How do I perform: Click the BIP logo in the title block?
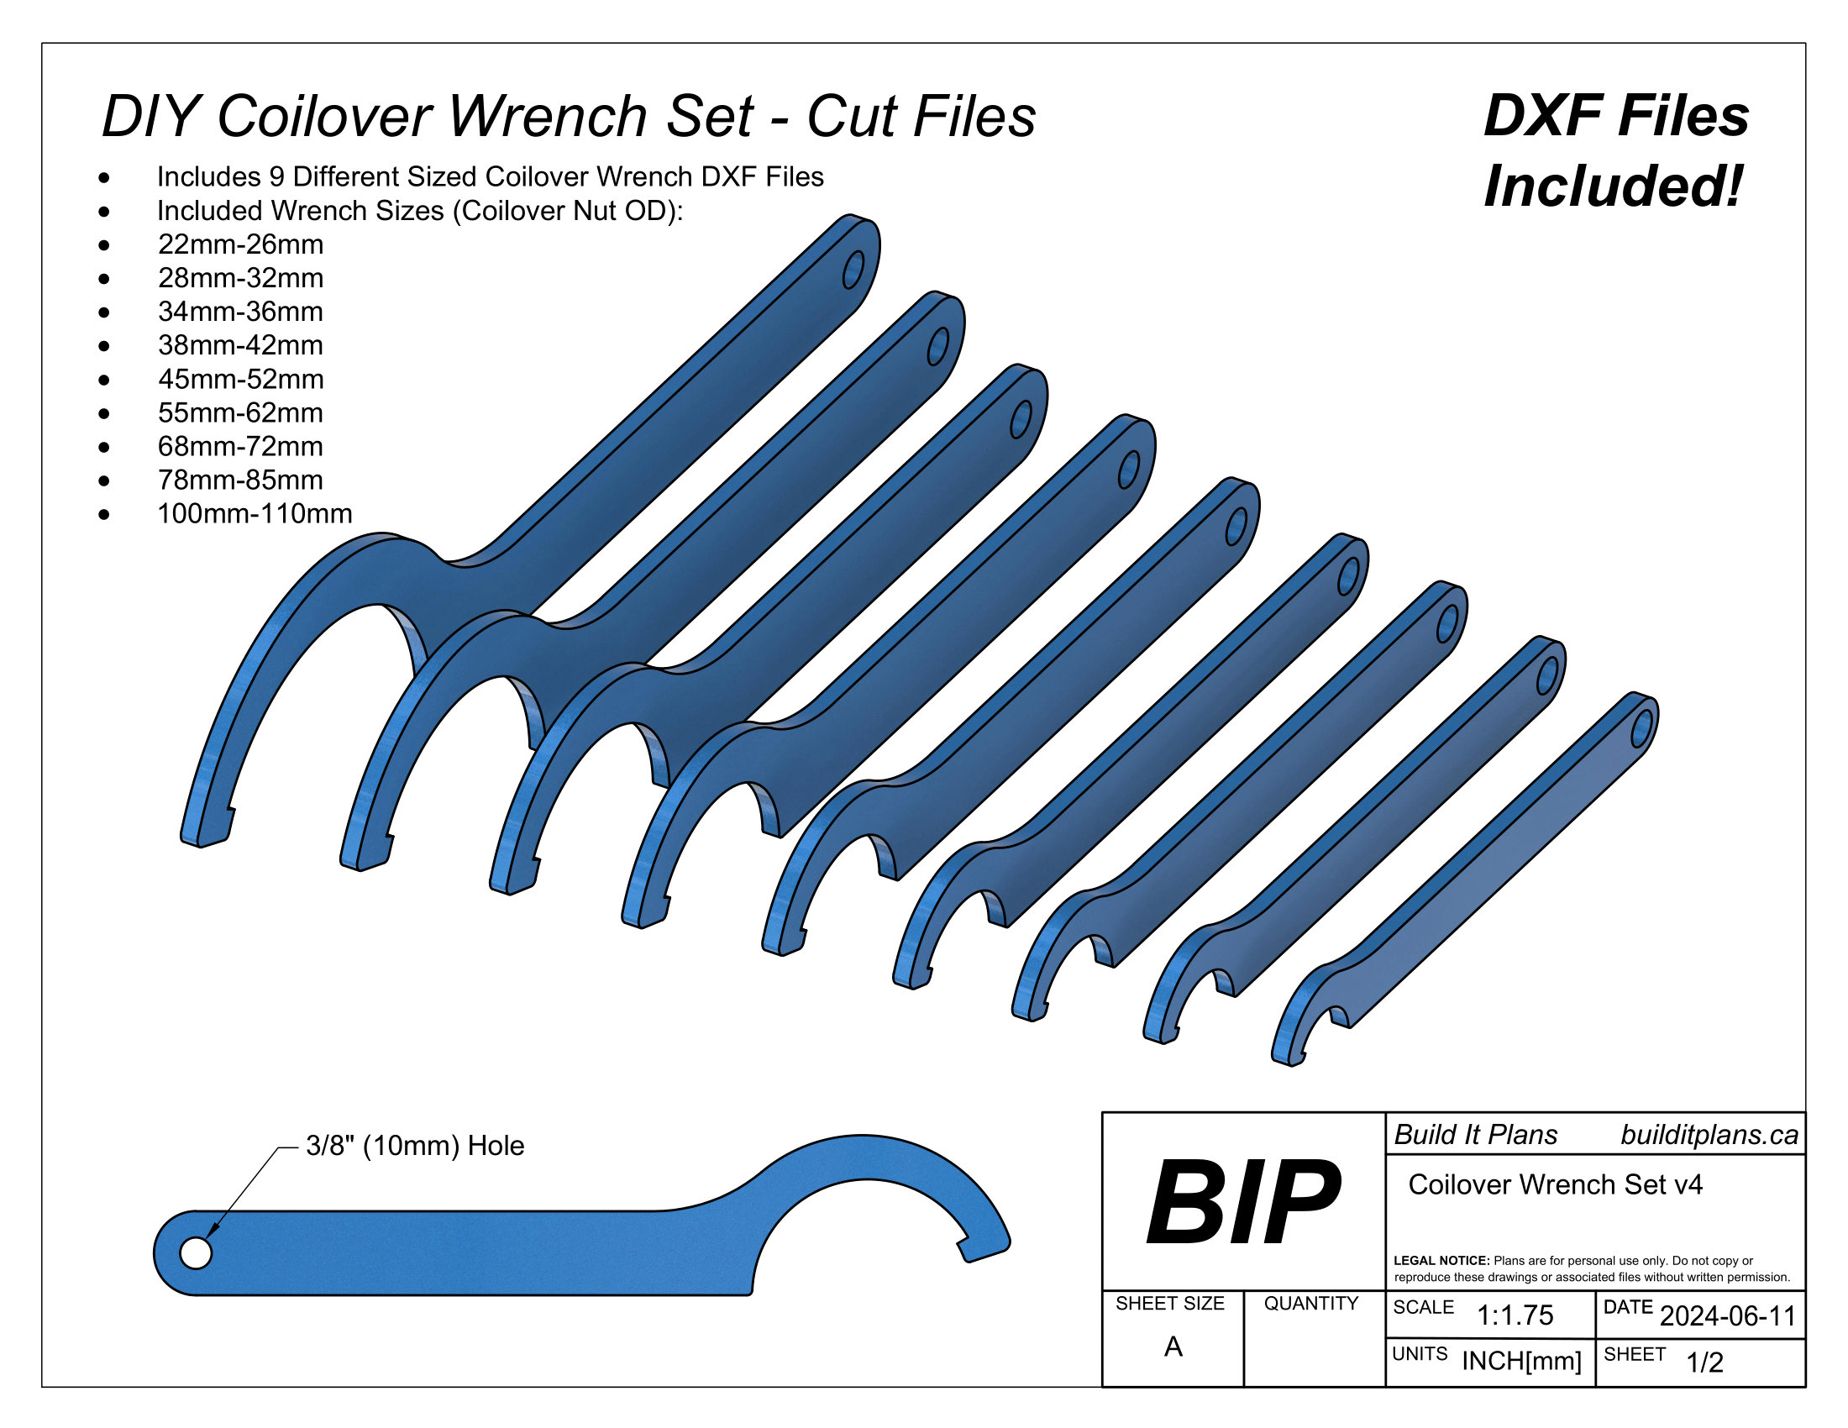(1242, 1202)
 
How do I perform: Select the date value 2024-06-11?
(1728, 1316)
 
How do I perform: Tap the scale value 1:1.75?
(1515, 1315)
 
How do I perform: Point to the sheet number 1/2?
(1704, 1362)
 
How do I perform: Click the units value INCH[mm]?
(1521, 1361)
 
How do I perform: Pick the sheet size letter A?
(1173, 1347)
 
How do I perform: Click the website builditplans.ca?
(1709, 1136)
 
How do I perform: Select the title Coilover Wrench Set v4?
(1555, 1185)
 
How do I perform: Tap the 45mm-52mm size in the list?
(240, 379)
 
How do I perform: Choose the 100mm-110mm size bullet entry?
(255, 513)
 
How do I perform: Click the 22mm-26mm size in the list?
(240, 244)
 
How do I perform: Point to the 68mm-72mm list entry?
(240, 447)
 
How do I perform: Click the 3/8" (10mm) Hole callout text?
(415, 1146)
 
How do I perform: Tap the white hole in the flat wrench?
(197, 1253)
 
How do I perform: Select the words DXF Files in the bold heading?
(1616, 116)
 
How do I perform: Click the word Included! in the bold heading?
(1614, 186)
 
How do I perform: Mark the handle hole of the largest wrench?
(853, 270)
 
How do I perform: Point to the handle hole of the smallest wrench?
(1641, 728)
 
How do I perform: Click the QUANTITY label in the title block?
(1310, 1304)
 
